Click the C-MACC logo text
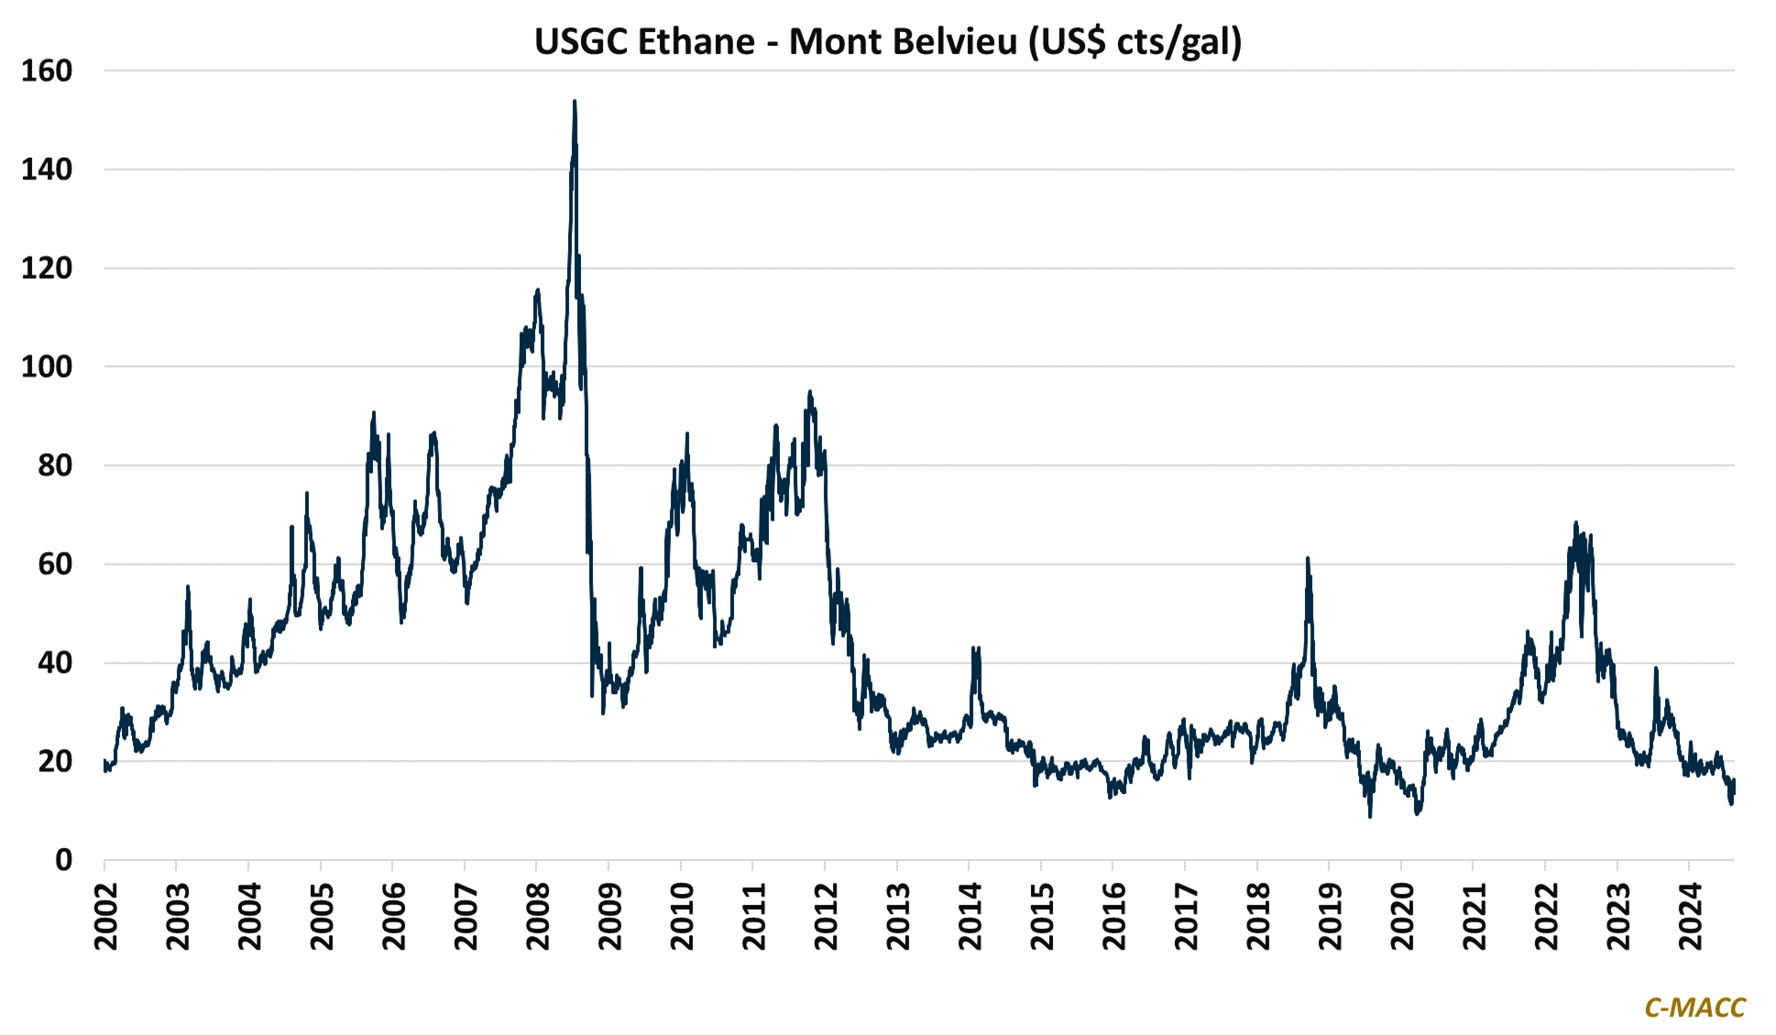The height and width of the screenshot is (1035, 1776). (x=1694, y=1007)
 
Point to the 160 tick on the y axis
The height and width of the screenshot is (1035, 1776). (x=47, y=71)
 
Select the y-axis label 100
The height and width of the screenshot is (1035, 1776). (x=47, y=367)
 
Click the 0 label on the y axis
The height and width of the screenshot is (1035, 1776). (x=63, y=860)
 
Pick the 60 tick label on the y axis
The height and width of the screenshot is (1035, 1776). (x=55, y=564)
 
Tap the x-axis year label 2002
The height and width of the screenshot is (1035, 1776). (x=106, y=916)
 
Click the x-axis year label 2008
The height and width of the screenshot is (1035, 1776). (x=538, y=916)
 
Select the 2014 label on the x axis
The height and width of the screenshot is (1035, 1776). (x=970, y=916)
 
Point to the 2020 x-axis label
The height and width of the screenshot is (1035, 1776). (x=1402, y=916)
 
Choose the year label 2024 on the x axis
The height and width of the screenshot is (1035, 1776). (x=1690, y=916)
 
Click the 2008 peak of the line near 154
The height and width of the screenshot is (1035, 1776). (x=574, y=102)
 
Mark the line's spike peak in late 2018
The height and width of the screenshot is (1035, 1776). (x=1308, y=557)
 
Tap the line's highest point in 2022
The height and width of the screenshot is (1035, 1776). (x=1576, y=523)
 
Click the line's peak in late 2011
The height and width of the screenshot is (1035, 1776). (x=809, y=391)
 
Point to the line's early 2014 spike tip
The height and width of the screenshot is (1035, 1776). (x=974, y=647)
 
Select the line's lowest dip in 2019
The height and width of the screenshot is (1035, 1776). (x=1370, y=816)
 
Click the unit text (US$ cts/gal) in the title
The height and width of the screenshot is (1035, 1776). (x=1135, y=42)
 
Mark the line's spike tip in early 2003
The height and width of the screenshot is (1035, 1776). (x=188, y=587)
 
